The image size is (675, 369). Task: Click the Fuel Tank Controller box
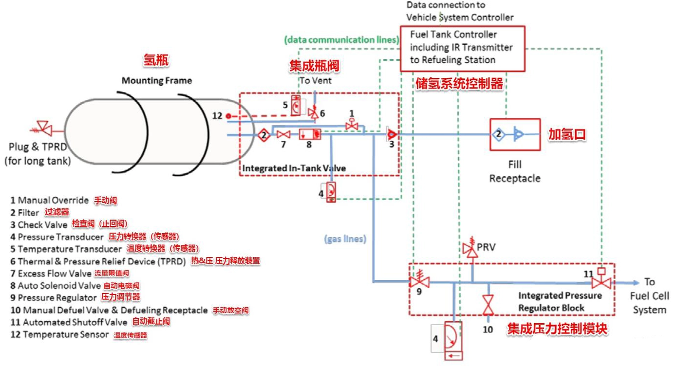[x=462, y=48]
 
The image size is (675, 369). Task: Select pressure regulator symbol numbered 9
[x=419, y=281]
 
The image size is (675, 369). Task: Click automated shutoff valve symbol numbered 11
[x=601, y=282]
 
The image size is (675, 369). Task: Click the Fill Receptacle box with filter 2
[x=515, y=134]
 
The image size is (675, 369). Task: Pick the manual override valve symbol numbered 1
[x=352, y=126]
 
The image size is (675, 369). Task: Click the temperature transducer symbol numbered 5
[x=296, y=106]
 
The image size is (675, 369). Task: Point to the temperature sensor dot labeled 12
[x=228, y=116]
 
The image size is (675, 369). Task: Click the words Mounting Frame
[x=156, y=80]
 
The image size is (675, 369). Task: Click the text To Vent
[x=315, y=80]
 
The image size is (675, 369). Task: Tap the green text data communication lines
[x=341, y=40]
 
